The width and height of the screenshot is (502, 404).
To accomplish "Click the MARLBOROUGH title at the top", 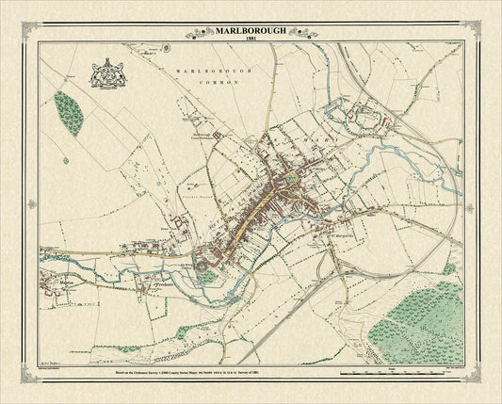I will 251,32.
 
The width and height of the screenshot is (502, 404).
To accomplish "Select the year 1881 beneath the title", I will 251,41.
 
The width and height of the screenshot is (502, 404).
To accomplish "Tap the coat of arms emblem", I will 105,74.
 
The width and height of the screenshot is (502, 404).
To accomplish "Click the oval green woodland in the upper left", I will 68,112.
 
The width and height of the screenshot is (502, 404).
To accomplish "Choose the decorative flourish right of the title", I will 303,33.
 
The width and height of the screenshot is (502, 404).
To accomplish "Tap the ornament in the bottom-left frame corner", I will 30,377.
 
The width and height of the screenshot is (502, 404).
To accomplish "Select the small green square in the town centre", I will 292,177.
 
